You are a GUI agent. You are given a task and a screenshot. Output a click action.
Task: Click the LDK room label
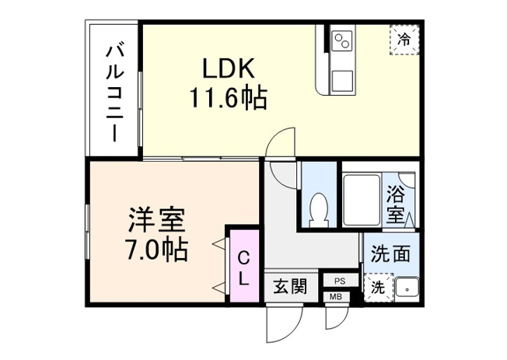[229, 68]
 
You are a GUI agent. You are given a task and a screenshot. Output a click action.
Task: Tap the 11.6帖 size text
[229, 99]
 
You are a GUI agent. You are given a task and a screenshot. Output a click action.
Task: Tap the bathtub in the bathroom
[362, 201]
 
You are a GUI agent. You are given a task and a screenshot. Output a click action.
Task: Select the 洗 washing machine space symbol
[377, 287]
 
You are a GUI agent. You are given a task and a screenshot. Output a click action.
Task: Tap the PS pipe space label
[341, 280]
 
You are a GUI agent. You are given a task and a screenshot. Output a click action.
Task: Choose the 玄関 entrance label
[288, 287]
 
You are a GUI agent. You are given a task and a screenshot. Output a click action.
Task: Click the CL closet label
[243, 267]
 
